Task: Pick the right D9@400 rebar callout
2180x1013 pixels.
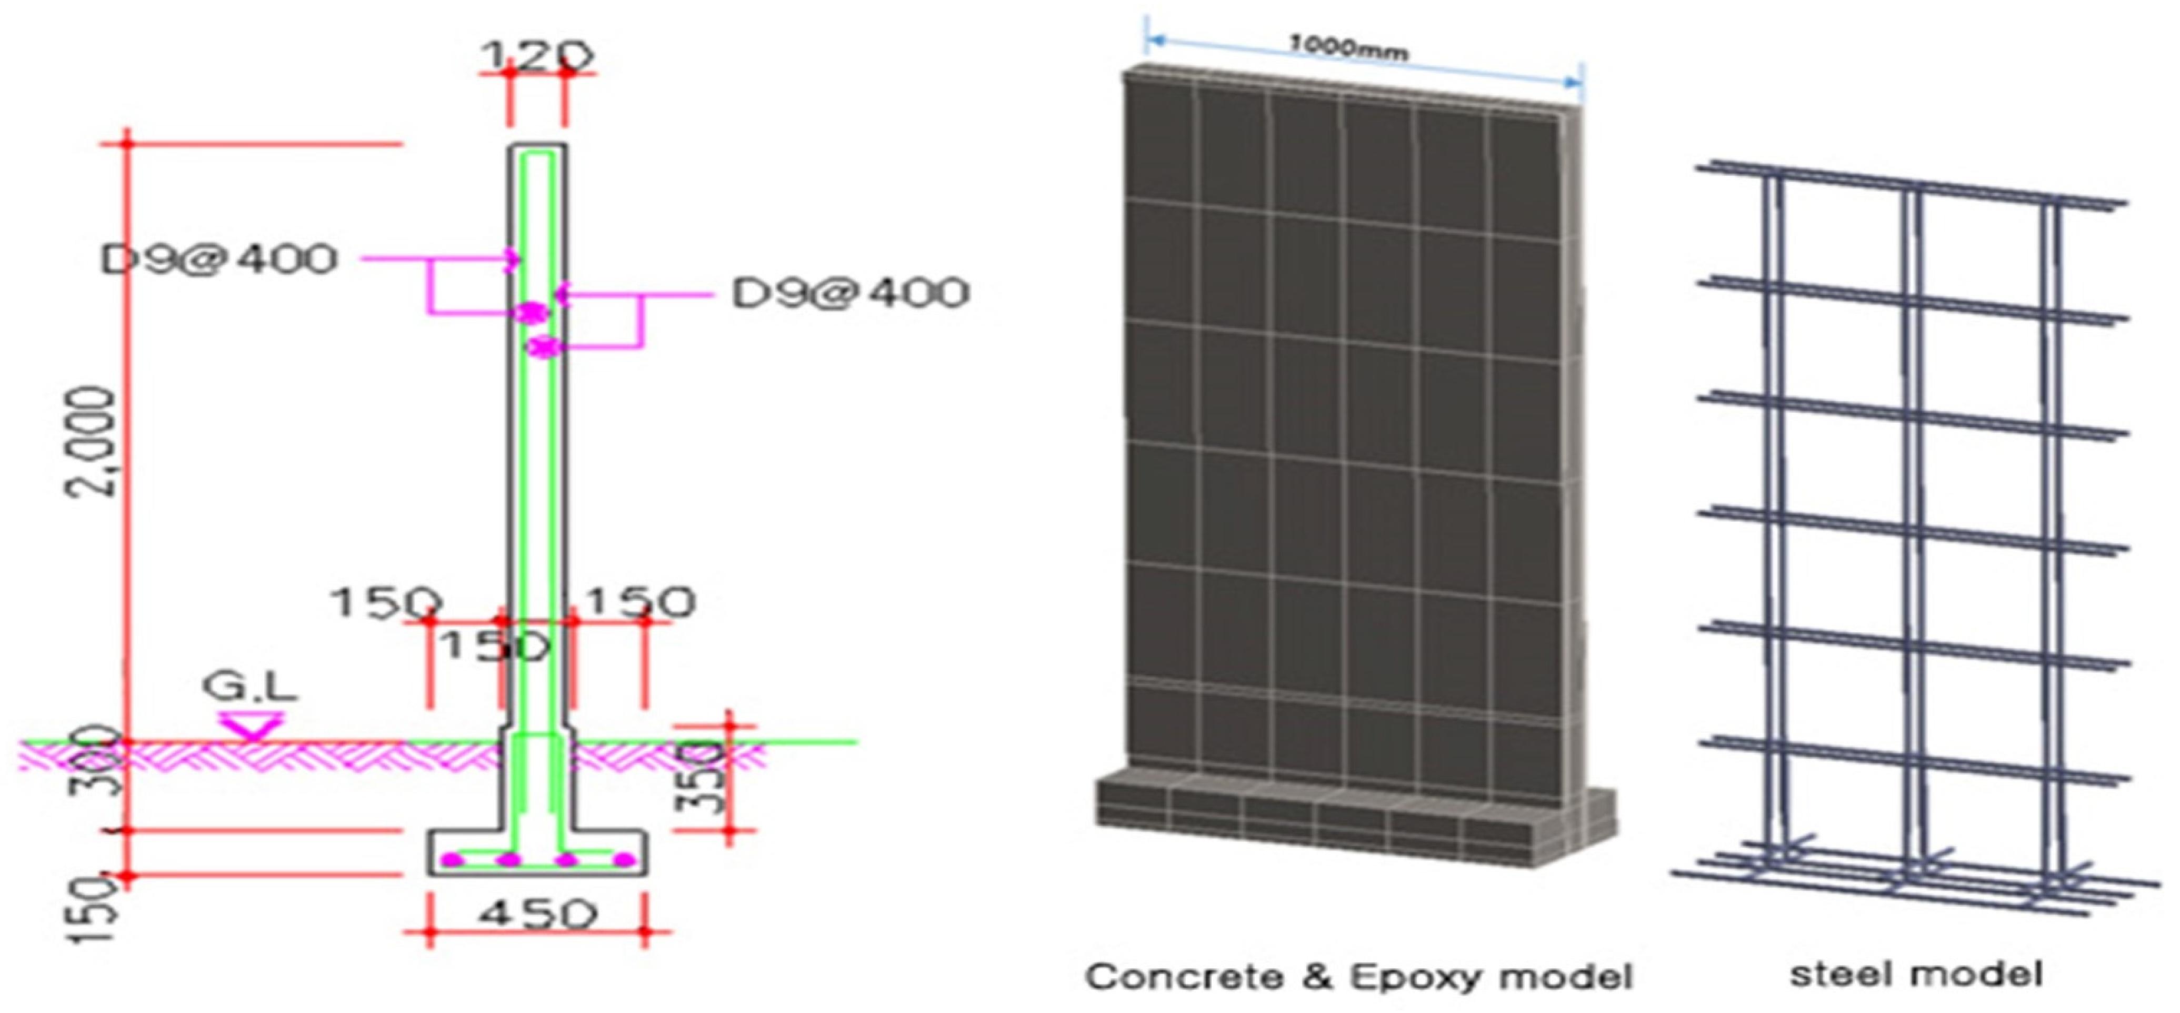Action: click(849, 293)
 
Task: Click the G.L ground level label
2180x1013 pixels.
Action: click(251, 687)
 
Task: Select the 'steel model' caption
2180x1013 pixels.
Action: click(1916, 973)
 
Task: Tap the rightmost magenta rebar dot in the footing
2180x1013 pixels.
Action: click(624, 860)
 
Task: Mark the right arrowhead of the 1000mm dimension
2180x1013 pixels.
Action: click(1574, 82)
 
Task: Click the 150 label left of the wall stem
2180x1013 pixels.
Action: click(385, 603)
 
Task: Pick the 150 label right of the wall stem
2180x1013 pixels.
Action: click(641, 602)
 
